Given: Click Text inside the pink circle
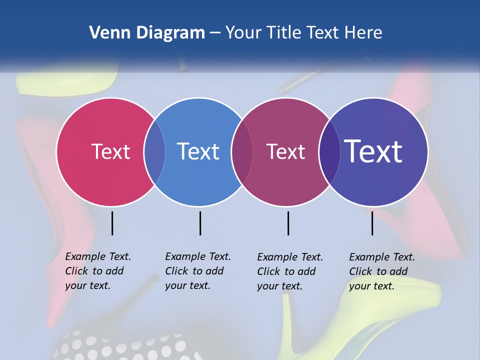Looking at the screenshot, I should click(x=110, y=151).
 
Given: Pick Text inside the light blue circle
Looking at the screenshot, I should click(x=198, y=151).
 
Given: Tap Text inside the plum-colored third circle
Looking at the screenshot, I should click(x=285, y=151).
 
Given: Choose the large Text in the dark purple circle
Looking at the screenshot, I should click(x=373, y=151).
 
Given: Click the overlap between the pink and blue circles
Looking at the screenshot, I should click(x=154, y=151).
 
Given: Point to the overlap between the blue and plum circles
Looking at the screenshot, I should click(x=242, y=151).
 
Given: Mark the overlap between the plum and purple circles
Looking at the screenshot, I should click(x=329, y=151).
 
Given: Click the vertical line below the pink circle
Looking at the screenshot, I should click(x=112, y=223).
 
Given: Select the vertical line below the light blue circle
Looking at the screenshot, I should click(x=200, y=223).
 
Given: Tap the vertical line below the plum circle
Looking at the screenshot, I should click(x=288, y=223).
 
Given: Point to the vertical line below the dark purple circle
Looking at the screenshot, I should click(x=372, y=223).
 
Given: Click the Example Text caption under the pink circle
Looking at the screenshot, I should click(x=97, y=271).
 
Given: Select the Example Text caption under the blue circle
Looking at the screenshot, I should click(x=197, y=271).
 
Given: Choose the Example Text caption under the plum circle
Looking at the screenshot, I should click(x=289, y=271).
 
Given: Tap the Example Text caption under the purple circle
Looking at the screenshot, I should click(x=381, y=271).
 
